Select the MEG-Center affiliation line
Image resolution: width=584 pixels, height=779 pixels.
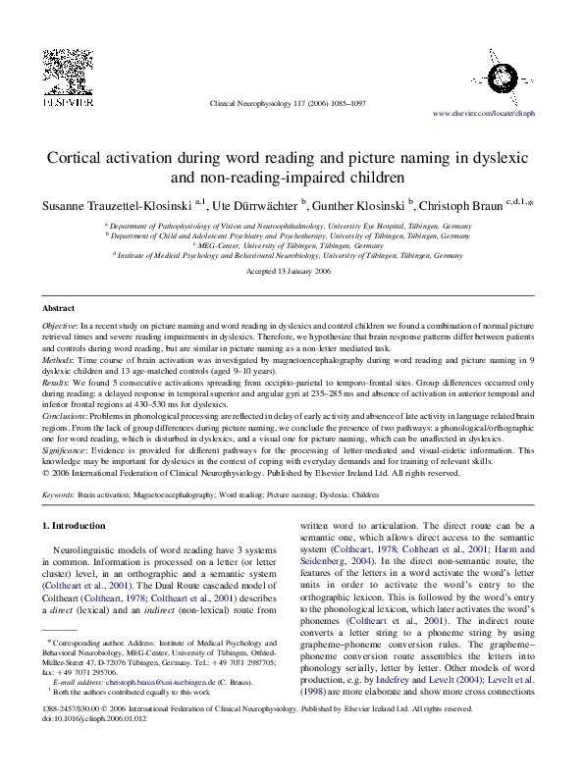(285, 245)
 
